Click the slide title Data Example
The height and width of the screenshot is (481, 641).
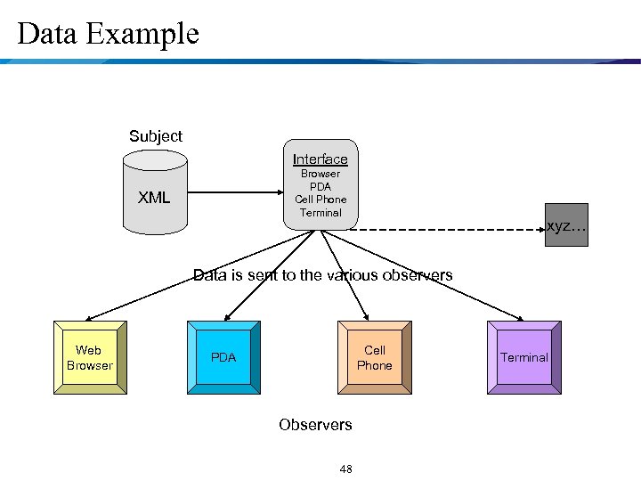click(108, 35)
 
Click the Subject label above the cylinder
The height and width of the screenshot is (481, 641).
click(155, 136)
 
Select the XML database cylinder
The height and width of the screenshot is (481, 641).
click(154, 192)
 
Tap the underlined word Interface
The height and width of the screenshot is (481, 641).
click(320, 159)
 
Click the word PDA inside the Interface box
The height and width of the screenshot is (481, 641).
click(320, 187)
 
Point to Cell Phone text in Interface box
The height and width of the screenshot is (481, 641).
click(320, 200)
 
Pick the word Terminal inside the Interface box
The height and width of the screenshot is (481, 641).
click(320, 213)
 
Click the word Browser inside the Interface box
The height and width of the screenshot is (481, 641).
click(320, 175)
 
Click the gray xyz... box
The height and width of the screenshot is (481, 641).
click(566, 225)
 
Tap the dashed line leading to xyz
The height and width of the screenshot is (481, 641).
click(445, 229)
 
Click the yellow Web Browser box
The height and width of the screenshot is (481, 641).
click(90, 358)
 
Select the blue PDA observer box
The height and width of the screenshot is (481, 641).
click(223, 358)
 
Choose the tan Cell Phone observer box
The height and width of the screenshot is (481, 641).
click(374, 358)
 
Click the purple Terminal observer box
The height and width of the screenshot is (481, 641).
click(523, 358)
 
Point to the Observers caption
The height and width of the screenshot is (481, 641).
click(315, 425)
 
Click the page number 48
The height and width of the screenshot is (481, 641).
click(345, 469)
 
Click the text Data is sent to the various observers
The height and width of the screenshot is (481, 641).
click(322, 275)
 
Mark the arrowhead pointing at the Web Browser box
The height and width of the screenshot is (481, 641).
click(90, 318)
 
